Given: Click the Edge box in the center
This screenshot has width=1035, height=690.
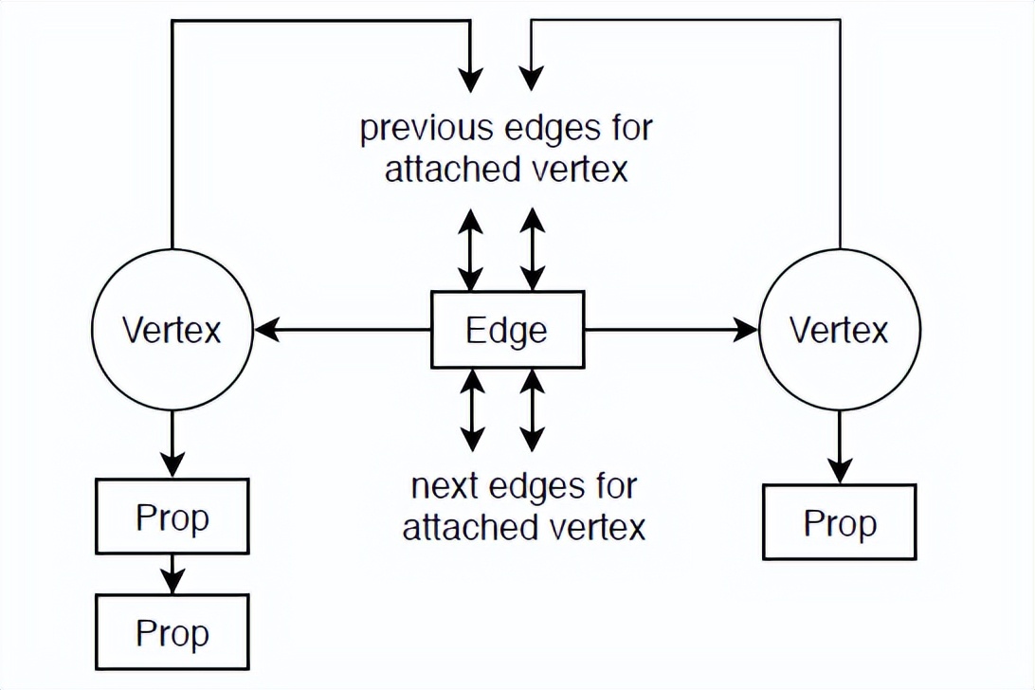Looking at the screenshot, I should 507,330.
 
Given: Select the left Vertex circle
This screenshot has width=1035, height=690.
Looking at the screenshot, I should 172,330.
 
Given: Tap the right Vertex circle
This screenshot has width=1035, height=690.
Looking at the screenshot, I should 839,330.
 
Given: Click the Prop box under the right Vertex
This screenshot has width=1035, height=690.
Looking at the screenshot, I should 839,522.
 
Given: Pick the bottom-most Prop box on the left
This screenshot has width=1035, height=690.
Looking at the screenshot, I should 172,632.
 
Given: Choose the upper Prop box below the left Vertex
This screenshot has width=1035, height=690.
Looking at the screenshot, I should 172,517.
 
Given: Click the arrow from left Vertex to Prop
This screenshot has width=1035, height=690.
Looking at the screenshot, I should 172,444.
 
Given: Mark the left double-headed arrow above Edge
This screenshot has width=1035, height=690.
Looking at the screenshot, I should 472,248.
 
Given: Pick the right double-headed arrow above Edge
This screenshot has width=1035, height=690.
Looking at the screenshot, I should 533,248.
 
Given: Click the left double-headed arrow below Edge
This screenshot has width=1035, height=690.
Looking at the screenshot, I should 472,409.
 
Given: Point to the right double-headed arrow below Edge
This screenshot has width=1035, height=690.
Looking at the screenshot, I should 533,409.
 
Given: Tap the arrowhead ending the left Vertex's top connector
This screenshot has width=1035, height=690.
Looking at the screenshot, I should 471,80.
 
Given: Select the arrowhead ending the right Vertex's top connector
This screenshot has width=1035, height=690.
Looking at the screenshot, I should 533,80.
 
